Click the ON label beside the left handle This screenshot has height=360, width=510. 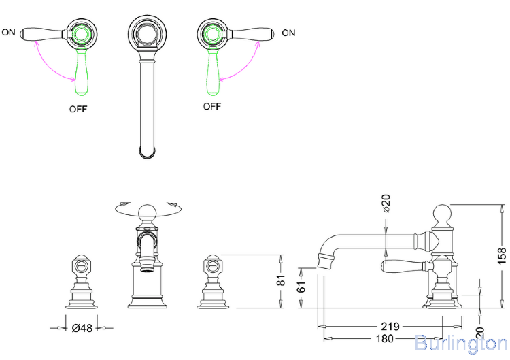tap(9, 32)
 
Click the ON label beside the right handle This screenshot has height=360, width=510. tap(288, 33)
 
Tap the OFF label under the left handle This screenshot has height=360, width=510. tap(78, 108)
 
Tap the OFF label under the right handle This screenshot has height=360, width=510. tap(212, 107)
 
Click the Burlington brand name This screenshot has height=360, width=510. tap(460, 344)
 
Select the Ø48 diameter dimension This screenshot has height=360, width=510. tap(82, 327)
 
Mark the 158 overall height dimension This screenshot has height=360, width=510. tap(501, 254)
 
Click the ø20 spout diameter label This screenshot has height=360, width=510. tap(386, 204)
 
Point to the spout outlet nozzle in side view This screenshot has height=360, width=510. tap(326, 259)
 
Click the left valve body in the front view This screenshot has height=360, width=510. tap(81, 282)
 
